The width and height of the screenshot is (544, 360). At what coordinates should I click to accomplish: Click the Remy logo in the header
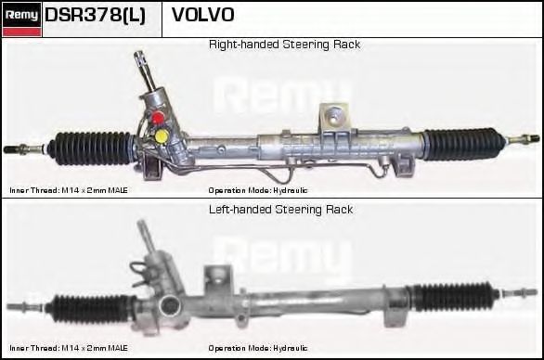pyautogui.click(x=22, y=19)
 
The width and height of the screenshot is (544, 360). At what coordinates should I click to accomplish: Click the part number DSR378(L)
pyautogui.click(x=95, y=15)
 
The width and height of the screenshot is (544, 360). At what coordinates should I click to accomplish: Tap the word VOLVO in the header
pyautogui.click(x=203, y=15)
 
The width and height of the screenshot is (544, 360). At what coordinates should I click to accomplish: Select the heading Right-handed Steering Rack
pyautogui.click(x=284, y=45)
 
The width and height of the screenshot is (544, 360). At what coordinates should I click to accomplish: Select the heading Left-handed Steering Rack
pyautogui.click(x=280, y=210)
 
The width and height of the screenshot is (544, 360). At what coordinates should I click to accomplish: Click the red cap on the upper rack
pyautogui.click(x=158, y=117)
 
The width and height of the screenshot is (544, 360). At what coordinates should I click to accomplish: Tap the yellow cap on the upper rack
pyautogui.click(x=162, y=135)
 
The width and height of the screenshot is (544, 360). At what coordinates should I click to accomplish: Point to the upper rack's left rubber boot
pyautogui.click(x=91, y=148)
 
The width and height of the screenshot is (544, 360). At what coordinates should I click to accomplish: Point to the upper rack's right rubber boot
pyautogui.click(x=464, y=144)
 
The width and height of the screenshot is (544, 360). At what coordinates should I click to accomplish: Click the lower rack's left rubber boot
pyautogui.click(x=92, y=309)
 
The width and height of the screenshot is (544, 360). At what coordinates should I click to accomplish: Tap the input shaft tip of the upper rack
pyautogui.click(x=139, y=56)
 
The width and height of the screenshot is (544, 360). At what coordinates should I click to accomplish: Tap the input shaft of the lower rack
pyautogui.click(x=146, y=236)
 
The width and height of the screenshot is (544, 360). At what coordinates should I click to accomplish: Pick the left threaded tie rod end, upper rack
pyautogui.click(x=23, y=149)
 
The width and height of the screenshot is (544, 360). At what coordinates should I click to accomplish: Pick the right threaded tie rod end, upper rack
pyautogui.click(x=524, y=139)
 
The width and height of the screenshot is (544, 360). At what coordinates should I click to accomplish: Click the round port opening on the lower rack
pyautogui.click(x=170, y=305)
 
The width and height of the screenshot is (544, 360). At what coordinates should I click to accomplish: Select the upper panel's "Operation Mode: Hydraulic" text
pyautogui.click(x=258, y=190)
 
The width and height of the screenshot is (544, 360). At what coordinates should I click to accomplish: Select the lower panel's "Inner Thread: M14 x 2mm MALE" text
pyautogui.click(x=69, y=348)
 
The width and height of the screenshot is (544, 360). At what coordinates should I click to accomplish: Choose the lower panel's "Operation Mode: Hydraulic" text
pyautogui.click(x=258, y=348)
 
